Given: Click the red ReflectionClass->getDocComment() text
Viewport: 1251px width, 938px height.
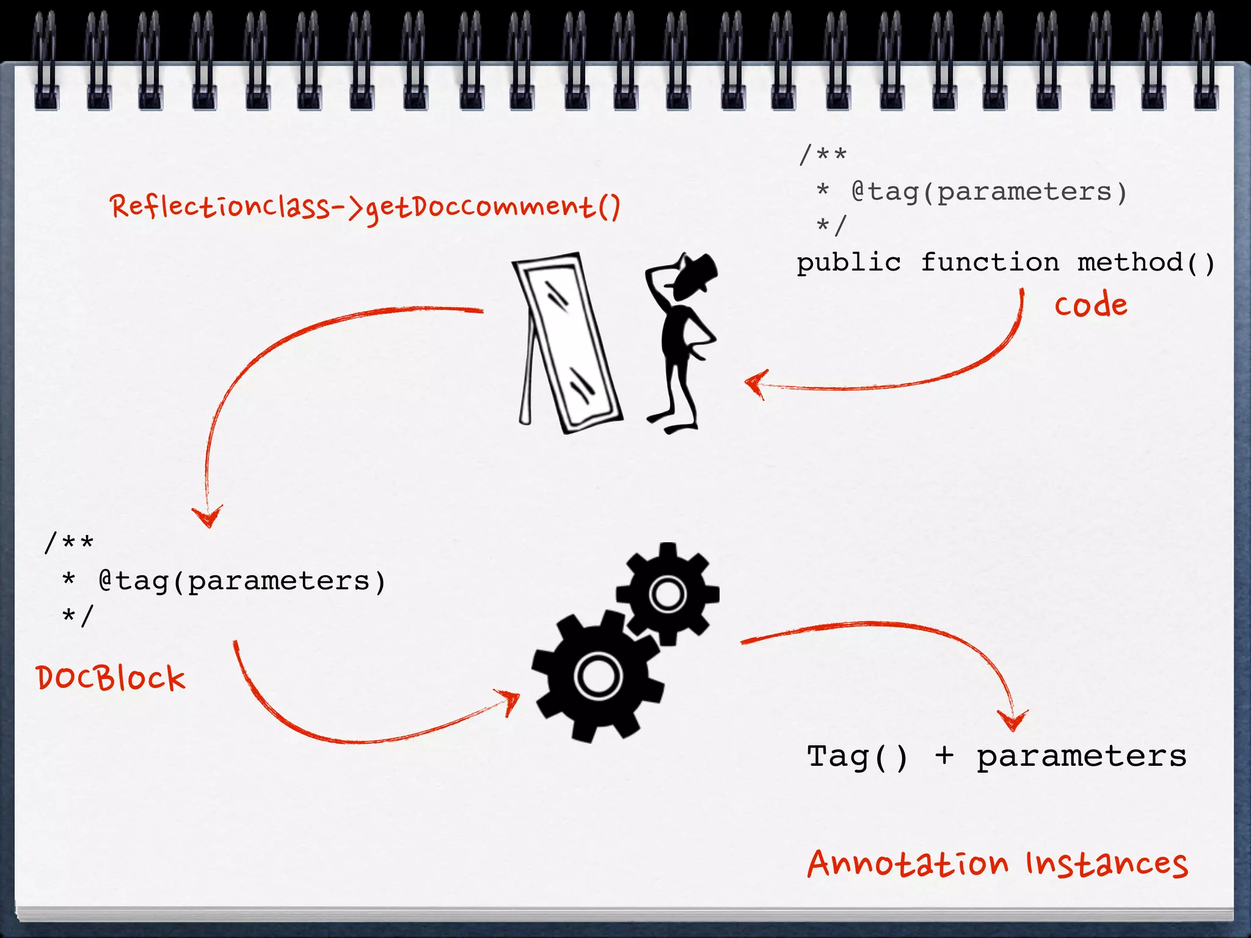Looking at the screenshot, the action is click(x=365, y=206).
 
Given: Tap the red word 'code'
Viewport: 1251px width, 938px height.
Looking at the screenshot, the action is click(x=1091, y=305).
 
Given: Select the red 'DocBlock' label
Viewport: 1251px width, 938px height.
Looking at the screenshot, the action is click(x=111, y=678).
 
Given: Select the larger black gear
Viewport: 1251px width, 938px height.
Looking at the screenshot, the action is click(x=598, y=675).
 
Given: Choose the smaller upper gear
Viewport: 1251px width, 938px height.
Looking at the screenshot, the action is click(x=668, y=593).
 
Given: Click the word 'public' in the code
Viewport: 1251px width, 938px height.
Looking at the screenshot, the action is click(x=848, y=263).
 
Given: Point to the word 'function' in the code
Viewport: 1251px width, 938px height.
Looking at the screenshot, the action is click(x=990, y=263).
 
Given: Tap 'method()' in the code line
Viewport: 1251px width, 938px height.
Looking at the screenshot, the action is click(x=1146, y=263).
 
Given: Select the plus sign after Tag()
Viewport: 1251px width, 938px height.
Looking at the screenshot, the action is click(x=944, y=756).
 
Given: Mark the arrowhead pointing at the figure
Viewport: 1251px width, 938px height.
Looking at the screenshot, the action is click(x=755, y=384).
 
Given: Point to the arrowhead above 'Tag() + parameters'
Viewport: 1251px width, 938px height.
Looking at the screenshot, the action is click(x=1013, y=721).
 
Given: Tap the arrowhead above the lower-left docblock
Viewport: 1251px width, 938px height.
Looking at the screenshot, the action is click(x=208, y=517).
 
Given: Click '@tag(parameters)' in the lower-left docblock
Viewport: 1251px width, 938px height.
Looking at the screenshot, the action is click(x=242, y=581).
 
